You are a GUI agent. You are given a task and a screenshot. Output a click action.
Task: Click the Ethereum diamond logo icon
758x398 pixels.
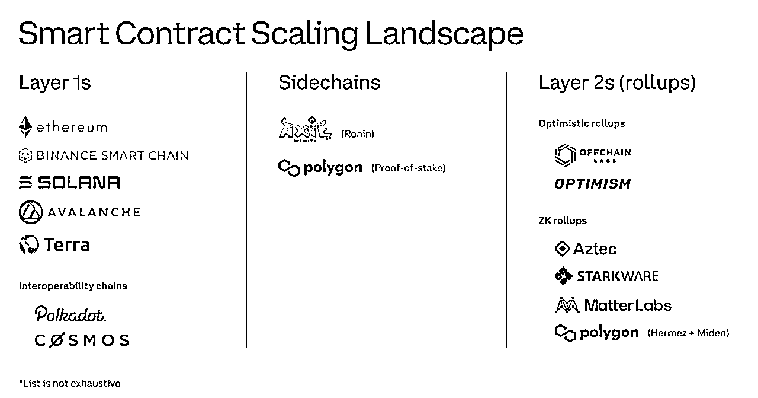click(25, 126)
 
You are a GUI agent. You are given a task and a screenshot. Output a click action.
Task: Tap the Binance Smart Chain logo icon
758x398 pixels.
click(25, 155)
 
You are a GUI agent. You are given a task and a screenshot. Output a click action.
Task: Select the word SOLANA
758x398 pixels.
click(79, 182)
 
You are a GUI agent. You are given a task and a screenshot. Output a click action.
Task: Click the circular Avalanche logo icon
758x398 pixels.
click(31, 212)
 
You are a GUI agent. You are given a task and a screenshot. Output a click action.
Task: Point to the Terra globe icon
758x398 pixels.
click(29, 244)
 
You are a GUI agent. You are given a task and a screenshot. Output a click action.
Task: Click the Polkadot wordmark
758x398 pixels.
click(70, 314)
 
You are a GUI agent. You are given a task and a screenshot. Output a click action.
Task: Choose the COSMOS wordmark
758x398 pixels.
click(82, 340)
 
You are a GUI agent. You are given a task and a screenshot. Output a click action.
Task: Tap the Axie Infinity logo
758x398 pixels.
click(305, 129)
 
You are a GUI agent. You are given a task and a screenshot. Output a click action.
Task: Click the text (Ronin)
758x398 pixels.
click(358, 134)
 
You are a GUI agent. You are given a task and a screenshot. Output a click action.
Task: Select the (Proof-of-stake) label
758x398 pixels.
click(409, 168)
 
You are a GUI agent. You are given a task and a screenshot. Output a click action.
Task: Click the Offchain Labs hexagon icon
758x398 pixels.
click(566, 155)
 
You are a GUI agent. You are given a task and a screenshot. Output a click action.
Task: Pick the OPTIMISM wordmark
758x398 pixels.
click(593, 184)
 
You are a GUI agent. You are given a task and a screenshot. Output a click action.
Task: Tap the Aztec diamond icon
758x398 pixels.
click(563, 249)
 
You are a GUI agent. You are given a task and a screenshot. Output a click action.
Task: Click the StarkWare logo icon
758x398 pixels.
click(563, 276)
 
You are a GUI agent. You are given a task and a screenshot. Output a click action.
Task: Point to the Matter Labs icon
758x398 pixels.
click(567, 305)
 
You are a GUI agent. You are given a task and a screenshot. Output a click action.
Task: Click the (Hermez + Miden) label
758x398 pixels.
click(688, 333)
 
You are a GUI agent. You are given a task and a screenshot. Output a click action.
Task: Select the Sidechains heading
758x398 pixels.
click(329, 82)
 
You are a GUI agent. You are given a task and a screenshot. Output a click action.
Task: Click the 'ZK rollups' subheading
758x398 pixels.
click(563, 221)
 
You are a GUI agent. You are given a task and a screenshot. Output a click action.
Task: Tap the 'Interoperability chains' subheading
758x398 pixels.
click(73, 286)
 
